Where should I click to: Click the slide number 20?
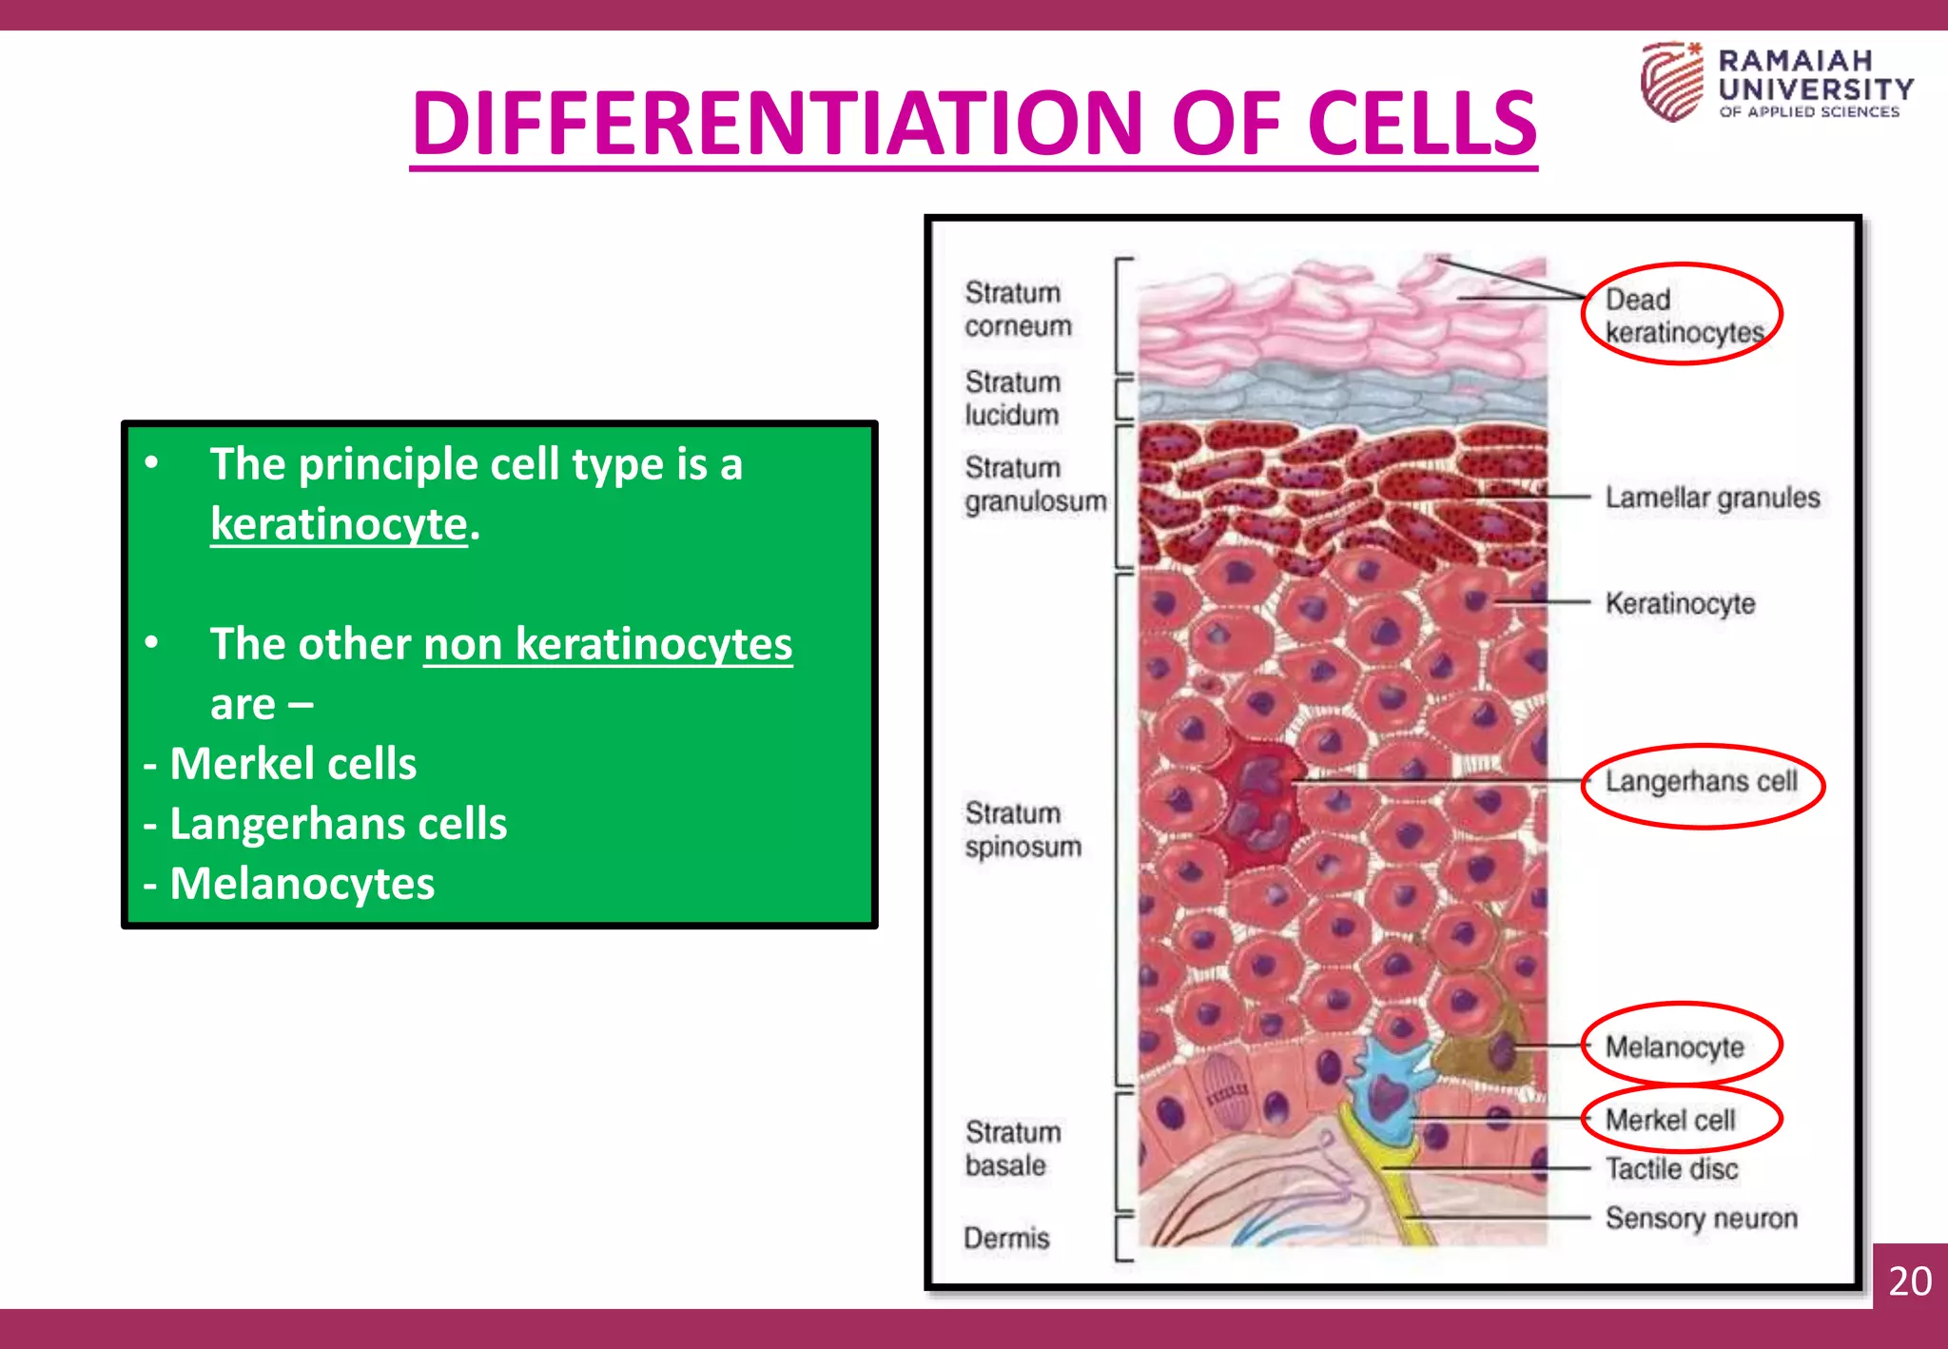tap(1909, 1281)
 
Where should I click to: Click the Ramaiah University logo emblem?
tap(1671, 82)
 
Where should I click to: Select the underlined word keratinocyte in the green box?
tap(339, 524)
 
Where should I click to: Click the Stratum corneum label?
tap(1017, 309)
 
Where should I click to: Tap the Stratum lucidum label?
tap(1011, 399)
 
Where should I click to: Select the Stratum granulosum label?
tap(1034, 484)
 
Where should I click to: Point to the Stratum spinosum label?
tap(1023, 830)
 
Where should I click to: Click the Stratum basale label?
tap(1012, 1148)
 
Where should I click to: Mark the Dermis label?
tap(1006, 1238)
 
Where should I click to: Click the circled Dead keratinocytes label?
tap(1682, 316)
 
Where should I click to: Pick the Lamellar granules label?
tap(1712, 498)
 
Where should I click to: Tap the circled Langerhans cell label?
tap(1701, 782)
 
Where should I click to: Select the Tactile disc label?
tap(1671, 1169)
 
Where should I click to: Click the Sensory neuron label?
tap(1701, 1219)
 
